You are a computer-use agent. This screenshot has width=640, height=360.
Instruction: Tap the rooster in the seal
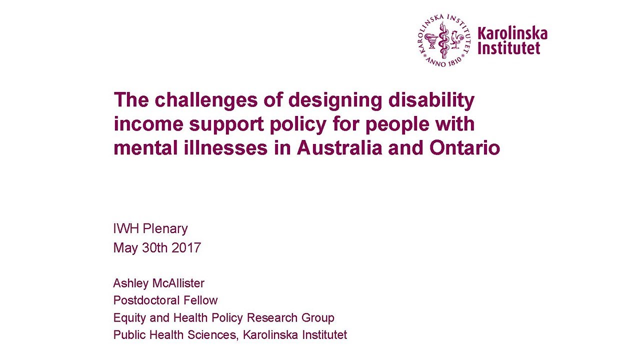point(457,40)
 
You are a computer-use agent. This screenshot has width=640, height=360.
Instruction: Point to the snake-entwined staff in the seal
point(443,40)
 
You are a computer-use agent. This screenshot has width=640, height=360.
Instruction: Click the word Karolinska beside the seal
point(512,33)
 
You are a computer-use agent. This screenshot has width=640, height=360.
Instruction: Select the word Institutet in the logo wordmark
point(509,47)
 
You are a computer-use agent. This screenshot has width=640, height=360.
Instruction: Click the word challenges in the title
point(206,100)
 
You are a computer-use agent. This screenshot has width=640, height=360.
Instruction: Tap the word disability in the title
point(431,100)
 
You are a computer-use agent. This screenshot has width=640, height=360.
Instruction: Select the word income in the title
point(148,124)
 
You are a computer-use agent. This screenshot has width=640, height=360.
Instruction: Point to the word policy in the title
point(298,125)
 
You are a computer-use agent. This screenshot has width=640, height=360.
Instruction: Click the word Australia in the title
point(339,148)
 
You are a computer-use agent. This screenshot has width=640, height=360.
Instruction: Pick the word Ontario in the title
point(464,148)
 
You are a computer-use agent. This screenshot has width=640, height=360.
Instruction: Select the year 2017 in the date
point(186,247)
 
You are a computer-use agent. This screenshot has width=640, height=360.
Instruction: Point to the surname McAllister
point(178,283)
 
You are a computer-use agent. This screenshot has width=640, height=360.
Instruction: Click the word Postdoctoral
point(146,300)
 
